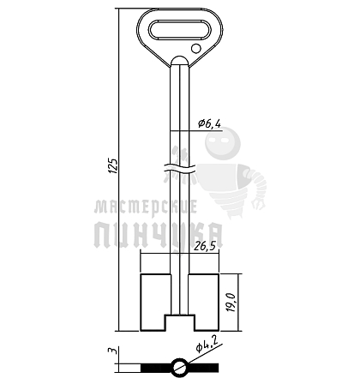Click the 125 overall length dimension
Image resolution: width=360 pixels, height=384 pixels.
click(113, 165)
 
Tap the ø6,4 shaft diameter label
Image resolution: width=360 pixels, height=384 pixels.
click(210, 123)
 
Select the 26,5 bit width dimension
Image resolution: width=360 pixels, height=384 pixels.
click(205, 246)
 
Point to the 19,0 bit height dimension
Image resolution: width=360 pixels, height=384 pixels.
click(231, 302)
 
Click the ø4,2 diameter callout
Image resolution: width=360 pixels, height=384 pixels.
click(207, 344)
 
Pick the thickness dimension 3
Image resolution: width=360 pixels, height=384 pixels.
click(114, 351)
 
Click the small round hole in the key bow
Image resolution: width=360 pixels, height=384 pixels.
click(196, 49)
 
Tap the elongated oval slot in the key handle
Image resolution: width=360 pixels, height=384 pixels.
click(180, 29)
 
